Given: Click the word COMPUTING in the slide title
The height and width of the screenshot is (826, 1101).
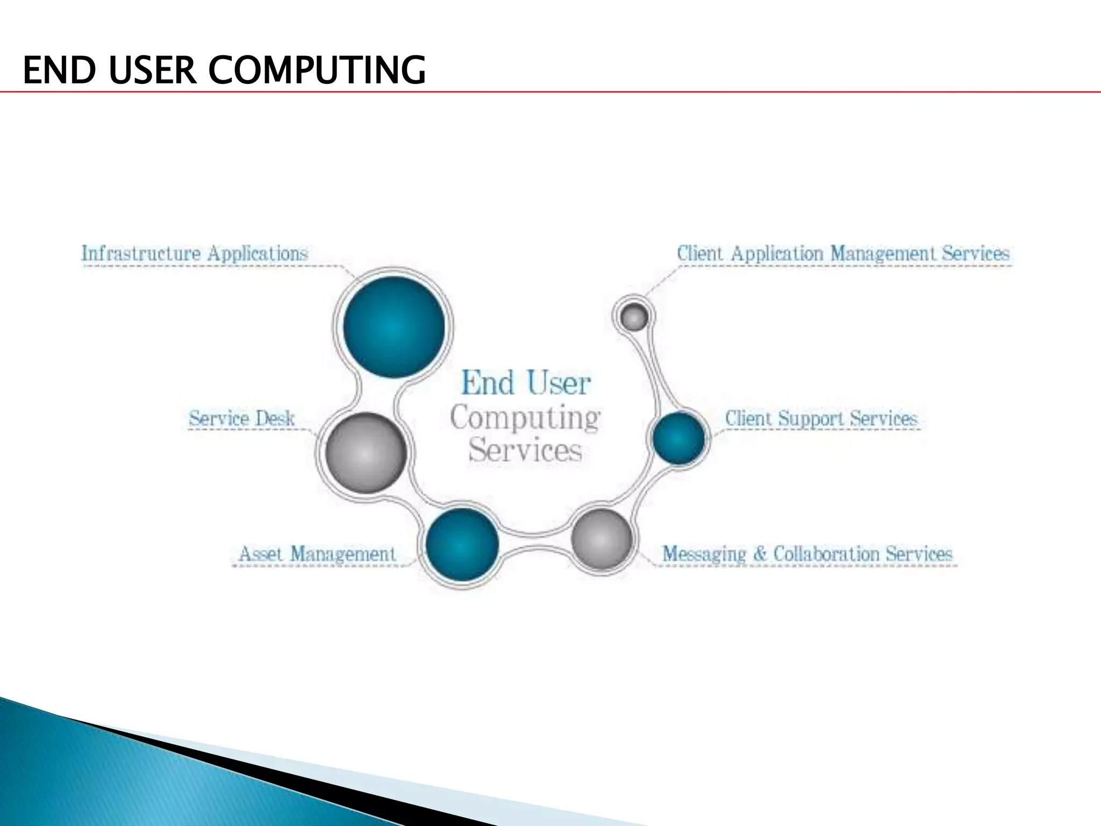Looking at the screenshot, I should (317, 70).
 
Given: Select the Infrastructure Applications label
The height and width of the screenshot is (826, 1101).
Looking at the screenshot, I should (194, 253).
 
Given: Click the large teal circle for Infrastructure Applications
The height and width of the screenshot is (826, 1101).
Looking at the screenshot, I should (394, 326).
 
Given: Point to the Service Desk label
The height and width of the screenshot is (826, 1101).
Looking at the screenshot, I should (241, 418).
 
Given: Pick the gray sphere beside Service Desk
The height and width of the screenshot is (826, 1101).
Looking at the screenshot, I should (366, 453).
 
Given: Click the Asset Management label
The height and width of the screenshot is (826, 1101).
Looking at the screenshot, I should (317, 553).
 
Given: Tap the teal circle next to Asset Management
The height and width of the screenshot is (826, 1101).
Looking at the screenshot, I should (462, 545).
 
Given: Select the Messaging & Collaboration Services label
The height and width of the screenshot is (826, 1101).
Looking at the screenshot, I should (807, 553).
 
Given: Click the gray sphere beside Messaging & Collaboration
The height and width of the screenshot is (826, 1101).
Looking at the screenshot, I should (601, 539).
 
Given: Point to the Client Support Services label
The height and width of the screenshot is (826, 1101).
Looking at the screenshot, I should (820, 418).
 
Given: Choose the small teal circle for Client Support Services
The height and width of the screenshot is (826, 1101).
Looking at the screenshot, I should (678, 438).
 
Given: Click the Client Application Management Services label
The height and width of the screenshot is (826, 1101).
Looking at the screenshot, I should (843, 253).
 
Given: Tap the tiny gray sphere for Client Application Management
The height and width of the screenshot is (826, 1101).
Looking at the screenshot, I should (634, 317).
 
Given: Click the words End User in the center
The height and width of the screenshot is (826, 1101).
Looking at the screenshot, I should (526, 383).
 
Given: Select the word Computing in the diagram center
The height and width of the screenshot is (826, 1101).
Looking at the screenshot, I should (525, 418).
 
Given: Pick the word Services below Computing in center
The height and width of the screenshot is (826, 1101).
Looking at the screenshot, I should (525, 451).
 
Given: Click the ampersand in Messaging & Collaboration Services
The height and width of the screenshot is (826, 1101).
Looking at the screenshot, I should (760, 553).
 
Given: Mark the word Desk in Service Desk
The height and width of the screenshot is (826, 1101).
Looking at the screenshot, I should (275, 418).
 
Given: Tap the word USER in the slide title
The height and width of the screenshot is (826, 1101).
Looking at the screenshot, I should (153, 70).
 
